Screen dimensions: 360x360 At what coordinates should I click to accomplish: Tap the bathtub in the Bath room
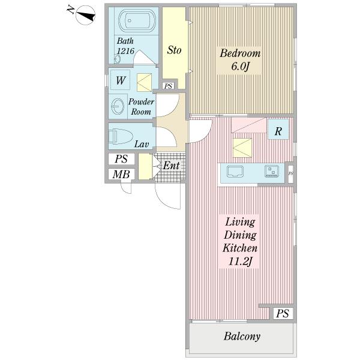click(137, 20)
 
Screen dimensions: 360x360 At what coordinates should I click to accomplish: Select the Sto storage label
click(174, 50)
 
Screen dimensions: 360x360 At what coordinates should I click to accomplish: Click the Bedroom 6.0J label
click(240, 59)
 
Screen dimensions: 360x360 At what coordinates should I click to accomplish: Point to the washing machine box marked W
click(121, 80)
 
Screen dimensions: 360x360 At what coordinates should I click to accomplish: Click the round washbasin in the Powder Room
click(118, 106)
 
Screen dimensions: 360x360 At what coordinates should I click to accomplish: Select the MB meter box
click(121, 174)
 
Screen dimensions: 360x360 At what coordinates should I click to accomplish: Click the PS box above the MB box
click(121, 159)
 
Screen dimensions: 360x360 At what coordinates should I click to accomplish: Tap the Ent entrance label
click(171, 166)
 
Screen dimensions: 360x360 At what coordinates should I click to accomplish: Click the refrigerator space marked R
click(278, 129)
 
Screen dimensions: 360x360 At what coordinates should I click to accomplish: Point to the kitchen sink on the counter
click(235, 172)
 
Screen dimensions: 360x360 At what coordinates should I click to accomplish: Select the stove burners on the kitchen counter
click(272, 171)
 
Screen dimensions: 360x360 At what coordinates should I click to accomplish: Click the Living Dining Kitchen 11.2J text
click(240, 242)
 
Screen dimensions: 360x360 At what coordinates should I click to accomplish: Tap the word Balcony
click(242, 337)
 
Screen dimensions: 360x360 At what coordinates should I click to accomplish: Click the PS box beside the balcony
click(283, 313)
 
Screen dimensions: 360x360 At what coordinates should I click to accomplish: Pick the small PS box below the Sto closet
click(168, 86)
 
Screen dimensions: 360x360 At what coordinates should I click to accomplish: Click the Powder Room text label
click(141, 107)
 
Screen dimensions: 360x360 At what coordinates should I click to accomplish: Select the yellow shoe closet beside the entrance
click(145, 166)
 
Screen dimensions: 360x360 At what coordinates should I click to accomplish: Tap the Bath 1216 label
click(125, 46)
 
